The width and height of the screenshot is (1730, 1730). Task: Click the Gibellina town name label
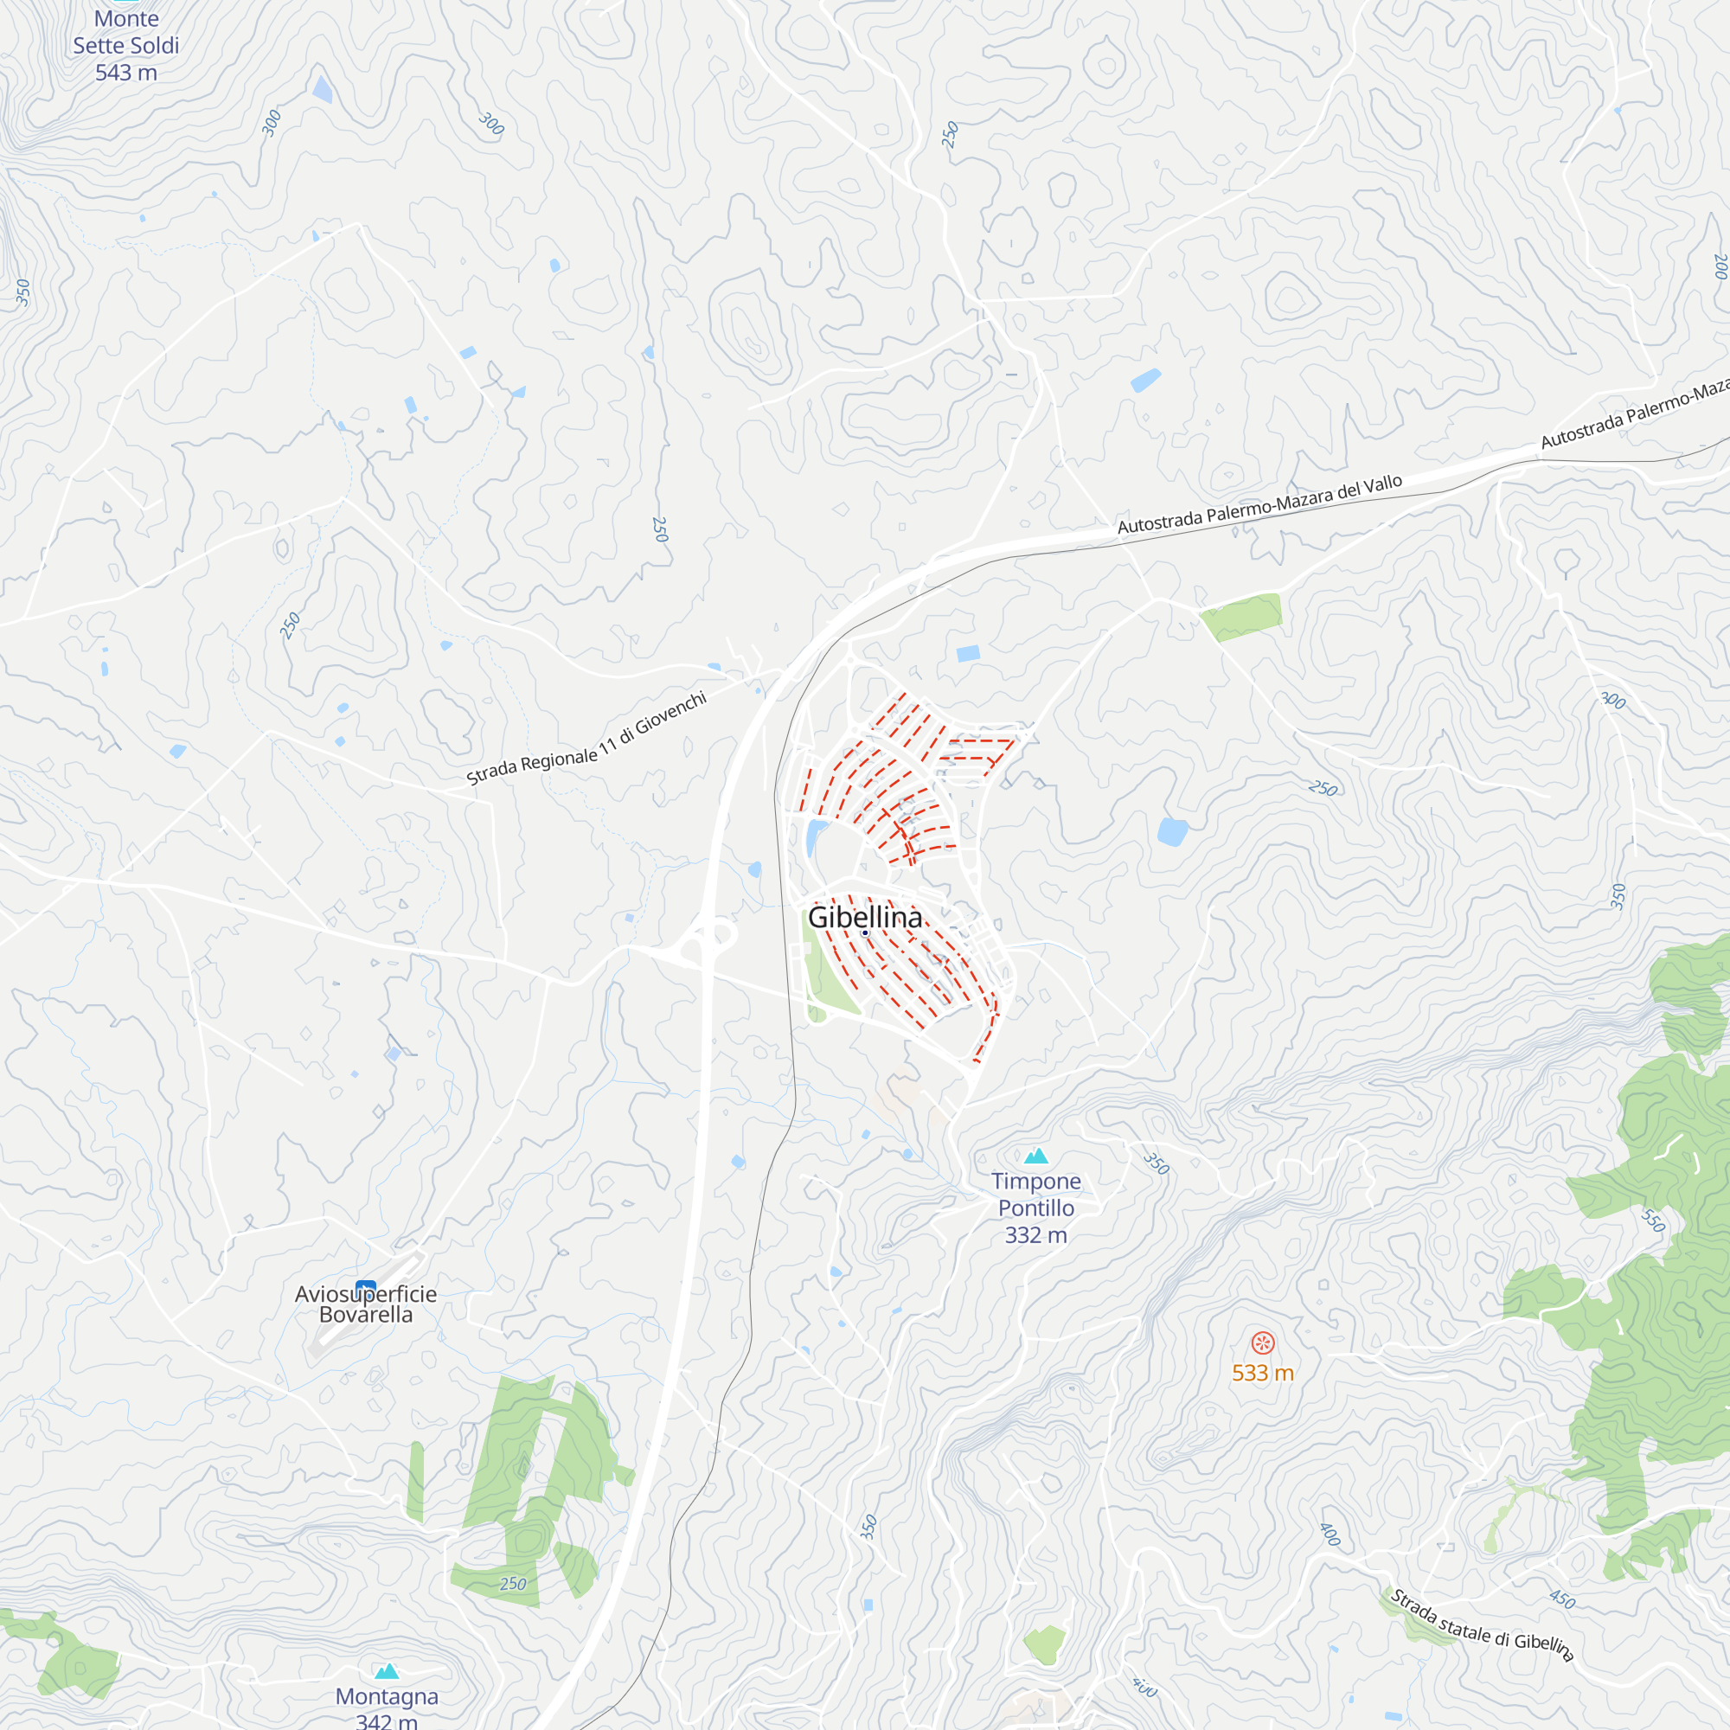pyautogui.click(x=864, y=917)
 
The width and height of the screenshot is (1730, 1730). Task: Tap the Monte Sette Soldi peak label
pyautogui.click(x=126, y=32)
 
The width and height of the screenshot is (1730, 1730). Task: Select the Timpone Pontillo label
pyautogui.click(x=1036, y=1195)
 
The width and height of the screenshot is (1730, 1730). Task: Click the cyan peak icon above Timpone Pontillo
pyautogui.click(x=1036, y=1156)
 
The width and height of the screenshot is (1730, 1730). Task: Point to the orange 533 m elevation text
pyautogui.click(x=1263, y=1373)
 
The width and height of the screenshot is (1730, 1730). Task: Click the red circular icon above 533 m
pyautogui.click(x=1263, y=1343)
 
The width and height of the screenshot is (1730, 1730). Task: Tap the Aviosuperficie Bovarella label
pyautogui.click(x=365, y=1304)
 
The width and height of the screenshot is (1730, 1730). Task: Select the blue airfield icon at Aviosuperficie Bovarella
pyautogui.click(x=365, y=1288)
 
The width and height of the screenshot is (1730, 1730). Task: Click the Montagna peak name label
pyautogui.click(x=387, y=1696)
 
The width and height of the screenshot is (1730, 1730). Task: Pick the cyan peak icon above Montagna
pyautogui.click(x=387, y=1671)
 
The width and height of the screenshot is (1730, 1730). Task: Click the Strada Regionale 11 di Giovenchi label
pyautogui.click(x=587, y=740)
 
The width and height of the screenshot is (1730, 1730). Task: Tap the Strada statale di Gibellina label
pyautogui.click(x=1481, y=1625)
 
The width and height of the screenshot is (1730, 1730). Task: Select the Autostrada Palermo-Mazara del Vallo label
pyautogui.click(x=1260, y=505)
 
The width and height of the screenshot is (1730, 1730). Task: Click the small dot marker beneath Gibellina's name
pyautogui.click(x=865, y=933)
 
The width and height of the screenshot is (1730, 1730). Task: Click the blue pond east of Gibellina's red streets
pyautogui.click(x=1172, y=832)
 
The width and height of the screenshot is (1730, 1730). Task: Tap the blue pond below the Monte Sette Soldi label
pyautogui.click(x=323, y=90)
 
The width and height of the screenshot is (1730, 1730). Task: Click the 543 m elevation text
pyautogui.click(x=126, y=74)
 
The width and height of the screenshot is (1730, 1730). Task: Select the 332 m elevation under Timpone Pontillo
pyautogui.click(x=1036, y=1236)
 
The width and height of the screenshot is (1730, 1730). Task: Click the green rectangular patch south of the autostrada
pyautogui.click(x=1242, y=616)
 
